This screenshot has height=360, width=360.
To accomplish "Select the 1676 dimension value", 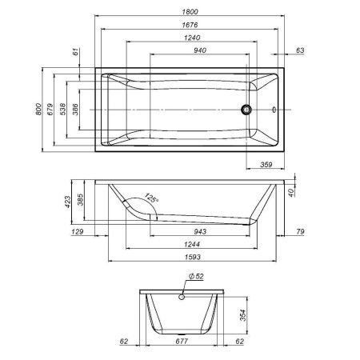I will (x=188, y=25).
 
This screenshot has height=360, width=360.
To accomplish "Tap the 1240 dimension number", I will (x=188, y=38).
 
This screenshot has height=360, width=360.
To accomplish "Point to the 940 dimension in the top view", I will (x=188, y=50).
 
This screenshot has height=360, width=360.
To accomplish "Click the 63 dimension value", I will (x=300, y=50).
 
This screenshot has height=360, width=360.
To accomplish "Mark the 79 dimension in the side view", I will (x=300, y=232).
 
